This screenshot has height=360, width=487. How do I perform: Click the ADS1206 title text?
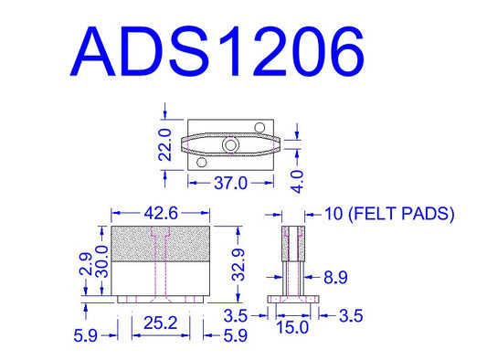tap(217, 51)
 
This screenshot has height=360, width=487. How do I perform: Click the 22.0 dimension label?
tap(165, 144)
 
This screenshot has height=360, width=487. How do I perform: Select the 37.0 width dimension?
tap(231, 183)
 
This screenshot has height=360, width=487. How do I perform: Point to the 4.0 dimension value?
tap(298, 182)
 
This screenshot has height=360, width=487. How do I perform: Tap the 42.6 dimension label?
tap(161, 213)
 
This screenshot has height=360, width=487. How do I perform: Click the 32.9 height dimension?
tap(238, 265)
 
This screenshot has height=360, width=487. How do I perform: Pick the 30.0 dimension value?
tap(101, 261)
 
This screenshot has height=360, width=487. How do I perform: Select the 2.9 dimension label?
tap(86, 265)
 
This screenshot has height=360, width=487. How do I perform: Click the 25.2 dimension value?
tap(161, 323)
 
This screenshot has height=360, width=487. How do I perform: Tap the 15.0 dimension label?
tap(292, 327)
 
